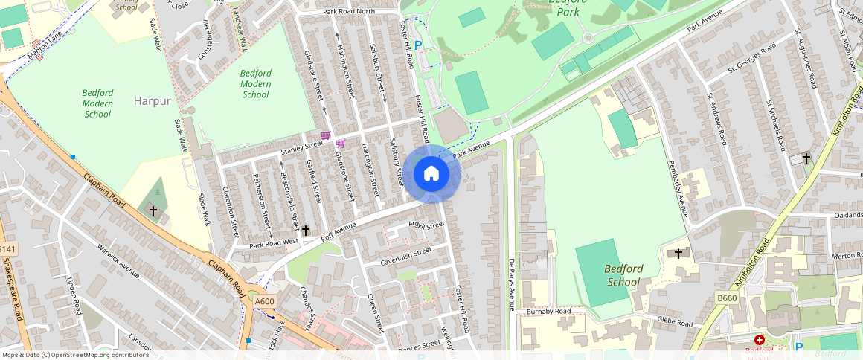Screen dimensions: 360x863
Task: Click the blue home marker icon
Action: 431,174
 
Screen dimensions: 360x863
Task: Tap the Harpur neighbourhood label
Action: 153,100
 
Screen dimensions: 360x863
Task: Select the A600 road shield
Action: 264,301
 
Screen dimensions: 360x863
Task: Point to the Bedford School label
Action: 623,275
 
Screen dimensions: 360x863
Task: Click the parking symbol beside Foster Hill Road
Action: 418,45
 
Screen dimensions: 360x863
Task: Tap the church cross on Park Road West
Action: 305,231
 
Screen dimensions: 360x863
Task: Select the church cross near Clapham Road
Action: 153,211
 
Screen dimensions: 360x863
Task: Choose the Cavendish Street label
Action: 405,257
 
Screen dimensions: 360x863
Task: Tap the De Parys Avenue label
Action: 511,284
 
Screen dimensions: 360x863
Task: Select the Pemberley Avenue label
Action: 677,189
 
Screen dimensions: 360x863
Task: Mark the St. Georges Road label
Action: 751,59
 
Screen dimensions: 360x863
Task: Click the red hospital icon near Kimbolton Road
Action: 759,339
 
